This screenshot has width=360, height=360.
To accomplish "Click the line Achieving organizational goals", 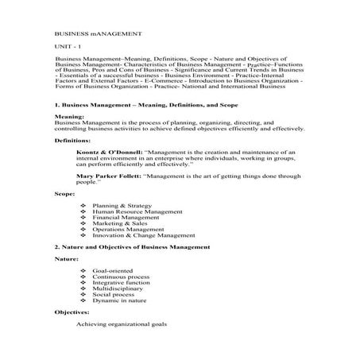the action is tap(122, 324).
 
